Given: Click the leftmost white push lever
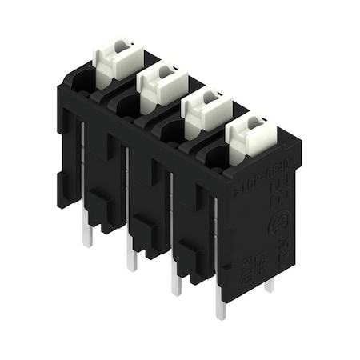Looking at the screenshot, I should pyautogui.click(x=115, y=57).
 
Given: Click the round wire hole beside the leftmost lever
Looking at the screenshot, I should pyautogui.click(x=83, y=79).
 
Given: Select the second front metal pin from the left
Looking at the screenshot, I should pyautogui.click(x=131, y=258).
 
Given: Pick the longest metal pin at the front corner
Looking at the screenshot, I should pyautogui.click(x=219, y=308).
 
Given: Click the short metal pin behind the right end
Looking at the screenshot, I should pyautogui.click(x=270, y=284).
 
